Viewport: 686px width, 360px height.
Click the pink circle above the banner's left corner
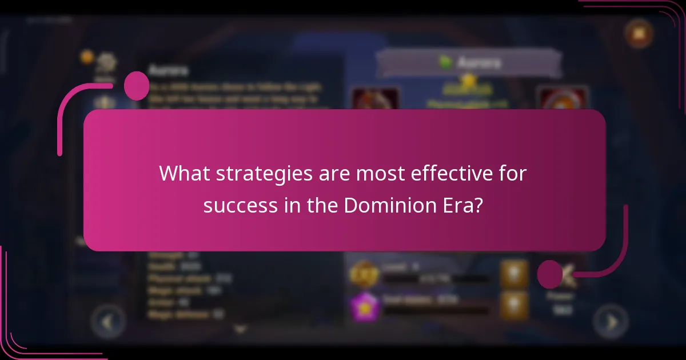pyautogui.click(x=137, y=86)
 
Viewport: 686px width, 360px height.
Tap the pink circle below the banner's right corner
pyautogui.click(x=550, y=274)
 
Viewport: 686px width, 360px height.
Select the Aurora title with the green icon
pyautogui.click(x=469, y=62)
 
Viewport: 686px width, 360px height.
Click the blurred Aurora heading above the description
pyautogui.click(x=168, y=70)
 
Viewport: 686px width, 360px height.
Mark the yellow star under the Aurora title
pyautogui.click(x=469, y=81)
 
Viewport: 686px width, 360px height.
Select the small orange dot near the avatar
pyautogui.click(x=87, y=57)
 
